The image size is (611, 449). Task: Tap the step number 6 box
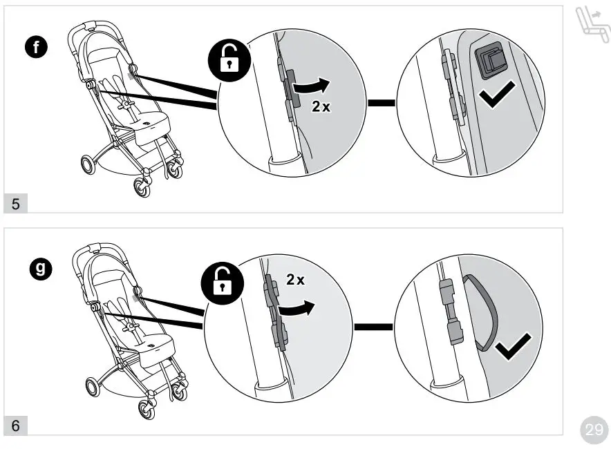[x=16, y=426]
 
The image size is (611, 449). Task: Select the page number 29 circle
[x=594, y=430]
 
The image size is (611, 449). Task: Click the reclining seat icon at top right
[x=592, y=27]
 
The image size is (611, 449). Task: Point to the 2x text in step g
[x=296, y=280]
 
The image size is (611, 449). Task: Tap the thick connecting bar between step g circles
[x=373, y=326]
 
